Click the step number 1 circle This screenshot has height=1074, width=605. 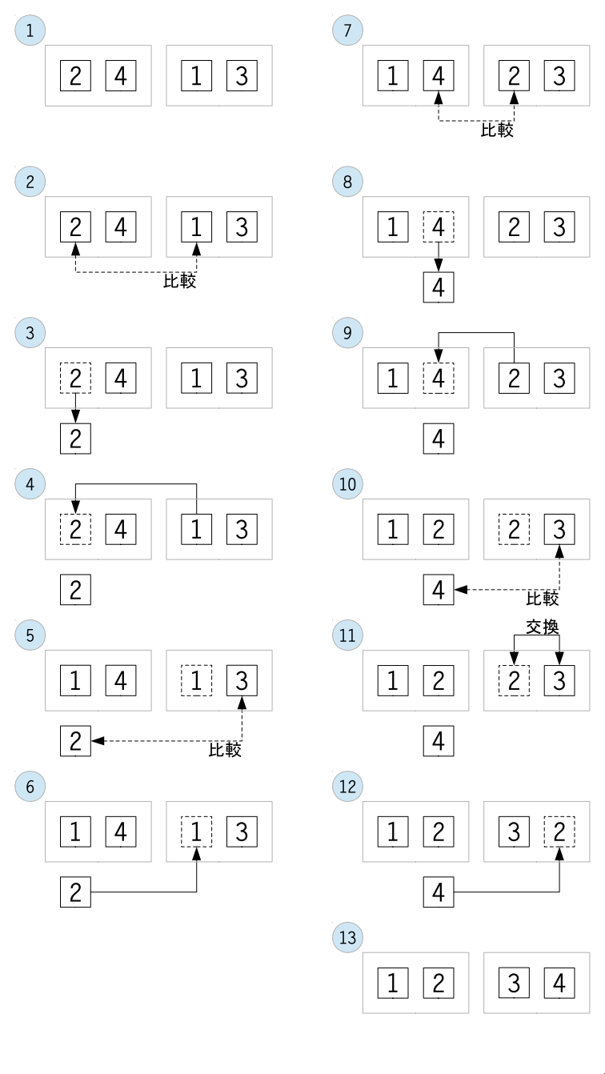[x=30, y=30]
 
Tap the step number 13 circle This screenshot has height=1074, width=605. [x=347, y=937]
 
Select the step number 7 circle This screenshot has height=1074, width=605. [x=347, y=30]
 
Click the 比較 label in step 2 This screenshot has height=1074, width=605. [x=180, y=281]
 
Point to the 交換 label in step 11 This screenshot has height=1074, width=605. [x=543, y=627]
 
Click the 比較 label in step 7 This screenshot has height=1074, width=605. [x=497, y=130]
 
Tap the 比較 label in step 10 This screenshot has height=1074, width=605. [x=543, y=599]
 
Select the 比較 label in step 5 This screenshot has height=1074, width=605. [x=225, y=749]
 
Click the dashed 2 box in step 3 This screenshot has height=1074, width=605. [x=75, y=378]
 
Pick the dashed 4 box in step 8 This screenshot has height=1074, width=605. [x=439, y=226]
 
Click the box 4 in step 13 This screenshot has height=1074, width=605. [x=559, y=983]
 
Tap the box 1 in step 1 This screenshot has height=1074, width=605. [x=196, y=75]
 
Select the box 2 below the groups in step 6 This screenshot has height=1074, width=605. [x=75, y=892]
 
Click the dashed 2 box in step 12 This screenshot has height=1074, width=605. [x=559, y=832]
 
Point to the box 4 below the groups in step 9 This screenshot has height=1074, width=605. [x=439, y=439]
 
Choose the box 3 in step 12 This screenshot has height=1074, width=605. [x=514, y=832]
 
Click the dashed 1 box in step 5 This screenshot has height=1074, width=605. [x=196, y=680]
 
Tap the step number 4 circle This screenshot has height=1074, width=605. [x=30, y=483]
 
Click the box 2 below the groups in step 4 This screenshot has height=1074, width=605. [x=75, y=589]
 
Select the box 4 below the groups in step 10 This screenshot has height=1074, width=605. [x=439, y=589]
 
